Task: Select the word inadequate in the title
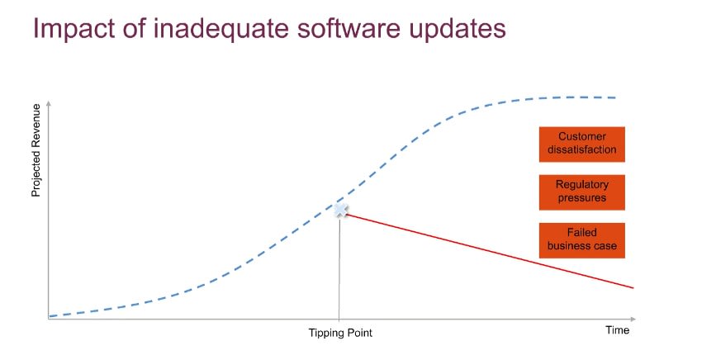tap(221, 28)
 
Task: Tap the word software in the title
tap(349, 28)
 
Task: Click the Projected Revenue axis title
tap(36, 150)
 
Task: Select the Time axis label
tap(618, 330)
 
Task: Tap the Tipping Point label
tap(340, 333)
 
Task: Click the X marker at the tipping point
tap(340, 211)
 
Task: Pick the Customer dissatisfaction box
tap(581, 144)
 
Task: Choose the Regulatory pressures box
tap(581, 192)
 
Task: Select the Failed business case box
tap(581, 240)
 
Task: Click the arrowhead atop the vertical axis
tap(49, 102)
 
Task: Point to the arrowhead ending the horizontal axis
tap(633, 319)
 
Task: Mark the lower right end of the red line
tap(633, 287)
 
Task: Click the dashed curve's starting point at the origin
tap(50, 315)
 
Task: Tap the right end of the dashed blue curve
tap(615, 97)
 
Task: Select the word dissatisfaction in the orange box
tap(581, 149)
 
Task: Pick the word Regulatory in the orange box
tap(581, 185)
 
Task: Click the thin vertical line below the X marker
tap(339, 268)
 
